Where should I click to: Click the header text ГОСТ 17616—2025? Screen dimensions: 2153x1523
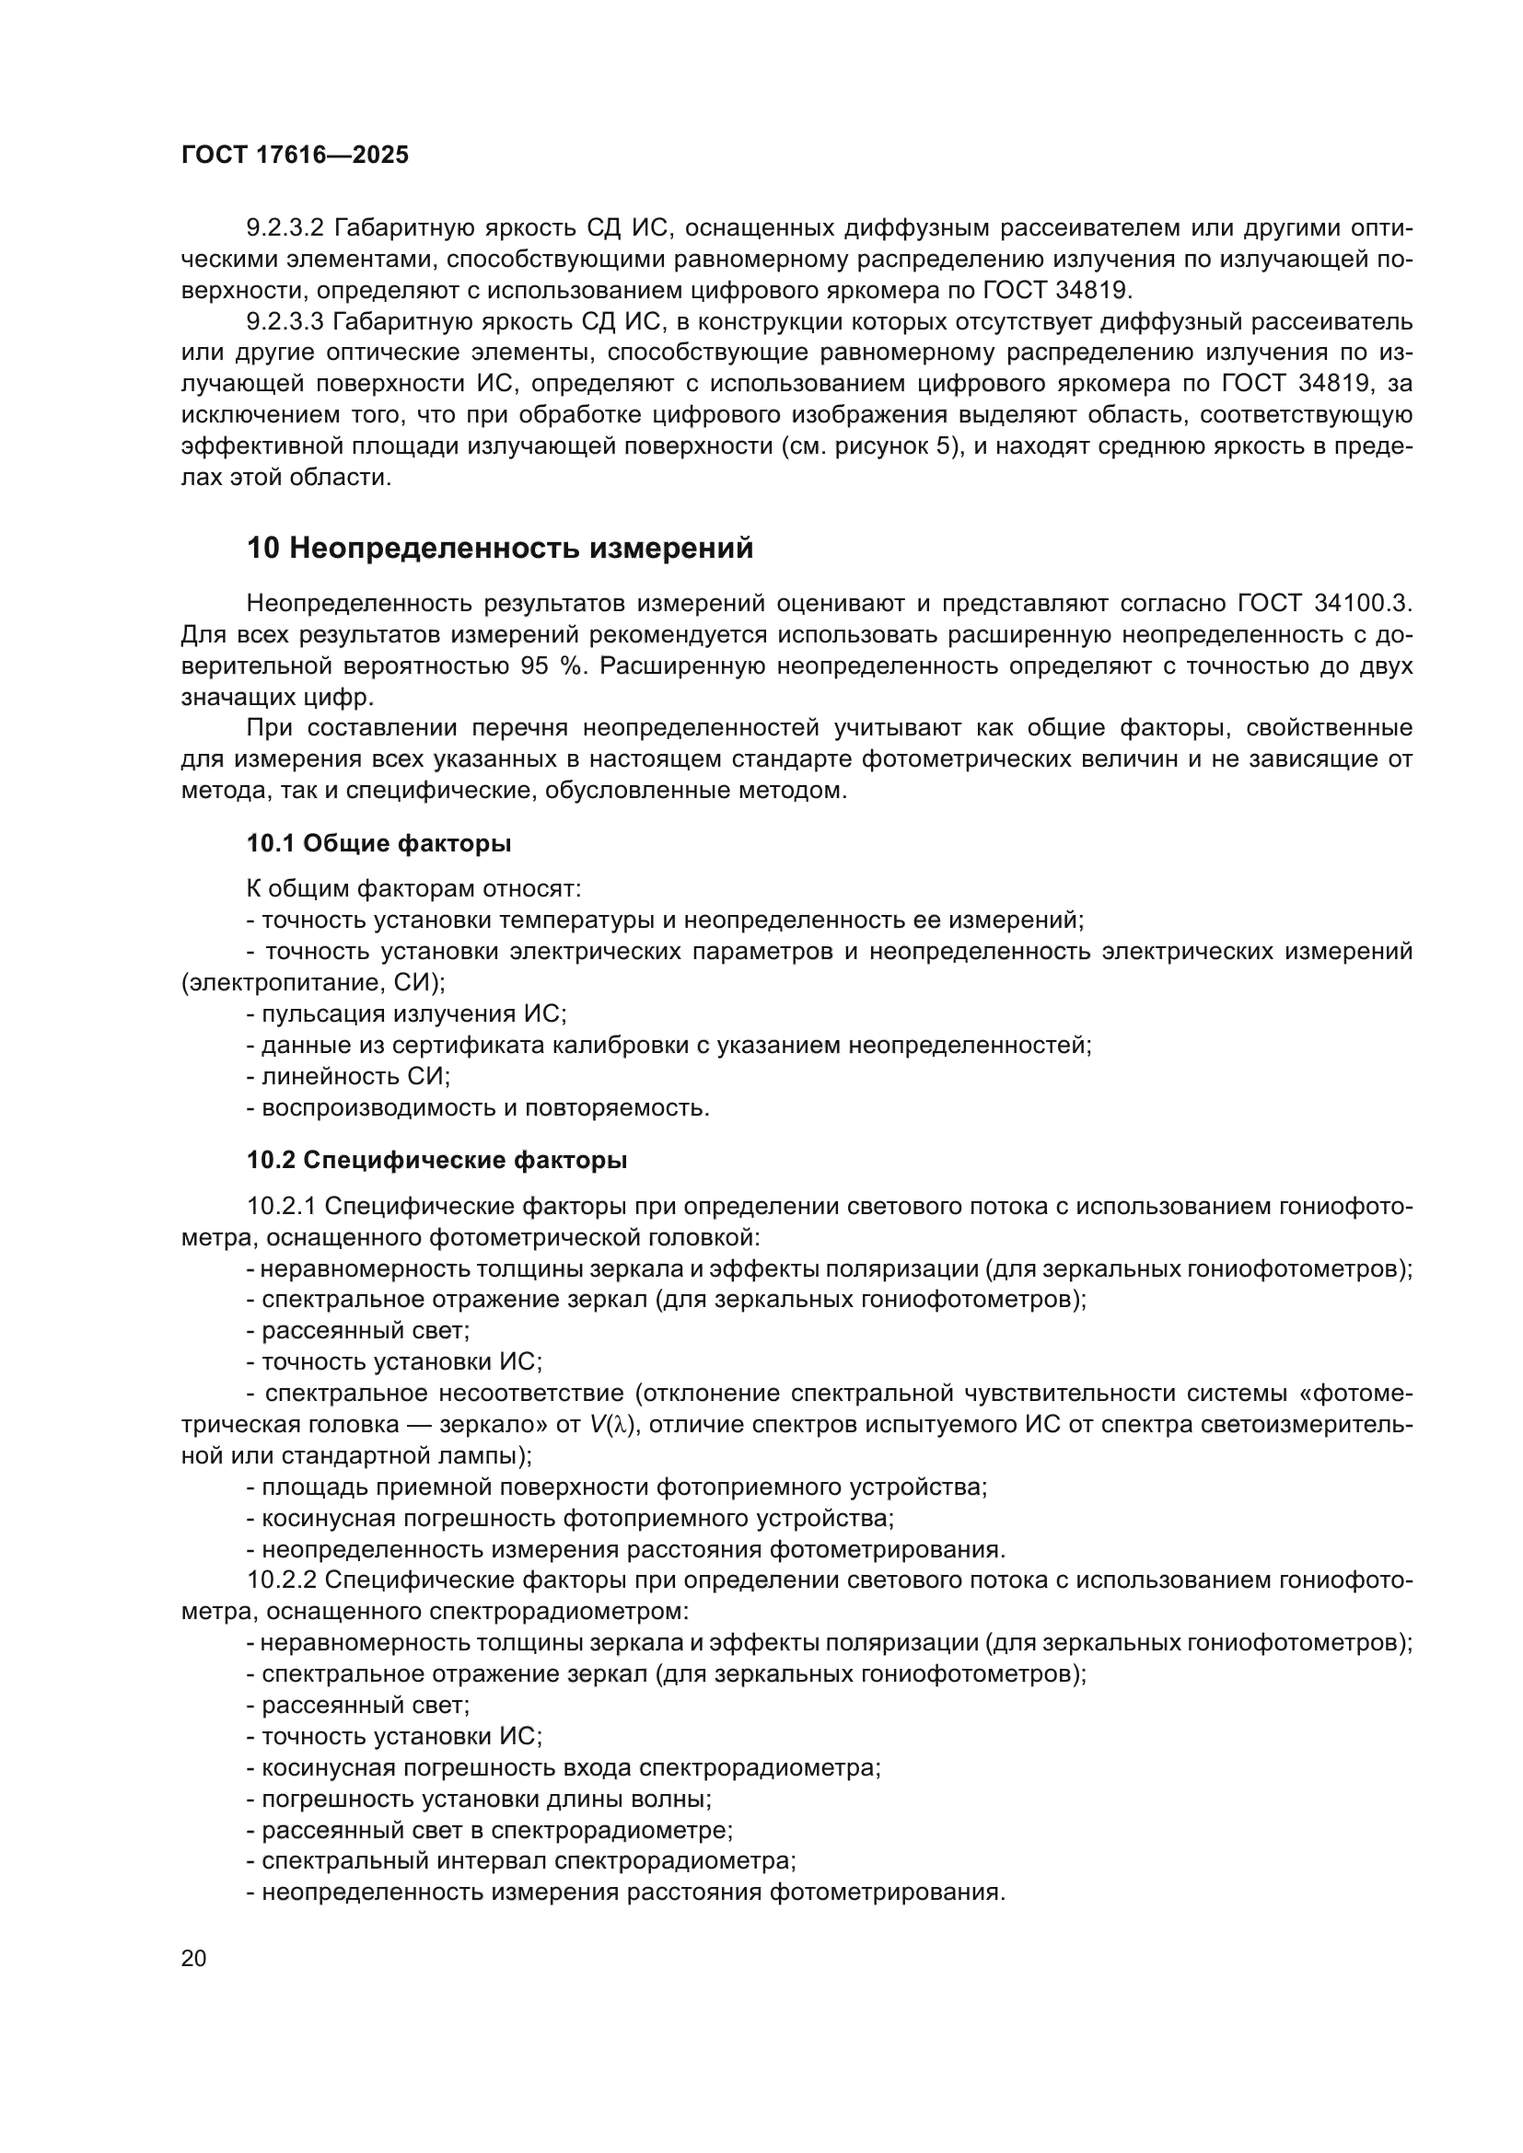pyautogui.click(x=295, y=156)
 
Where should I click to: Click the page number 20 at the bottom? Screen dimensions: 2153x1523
pyautogui.click(x=193, y=1959)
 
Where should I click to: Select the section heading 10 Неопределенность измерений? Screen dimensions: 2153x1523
pyautogui.click(x=500, y=549)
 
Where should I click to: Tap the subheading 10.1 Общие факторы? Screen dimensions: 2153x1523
pyautogui.click(x=378, y=844)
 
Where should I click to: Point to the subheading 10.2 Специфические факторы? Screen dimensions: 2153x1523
pyautogui.click(x=437, y=1161)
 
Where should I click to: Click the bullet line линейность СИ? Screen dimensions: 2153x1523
pyautogui.click(x=349, y=1077)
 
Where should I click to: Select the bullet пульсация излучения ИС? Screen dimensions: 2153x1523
pyautogui.click(x=407, y=1013)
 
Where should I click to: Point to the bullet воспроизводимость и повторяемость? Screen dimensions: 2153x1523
pyautogui.click(x=478, y=1107)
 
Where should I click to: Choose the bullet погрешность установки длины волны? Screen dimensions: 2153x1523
pyautogui.click(x=479, y=1799)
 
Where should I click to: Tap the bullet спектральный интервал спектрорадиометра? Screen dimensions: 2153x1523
pyautogui.click(x=521, y=1860)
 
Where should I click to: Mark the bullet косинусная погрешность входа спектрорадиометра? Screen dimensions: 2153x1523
pyautogui.click(x=564, y=1767)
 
